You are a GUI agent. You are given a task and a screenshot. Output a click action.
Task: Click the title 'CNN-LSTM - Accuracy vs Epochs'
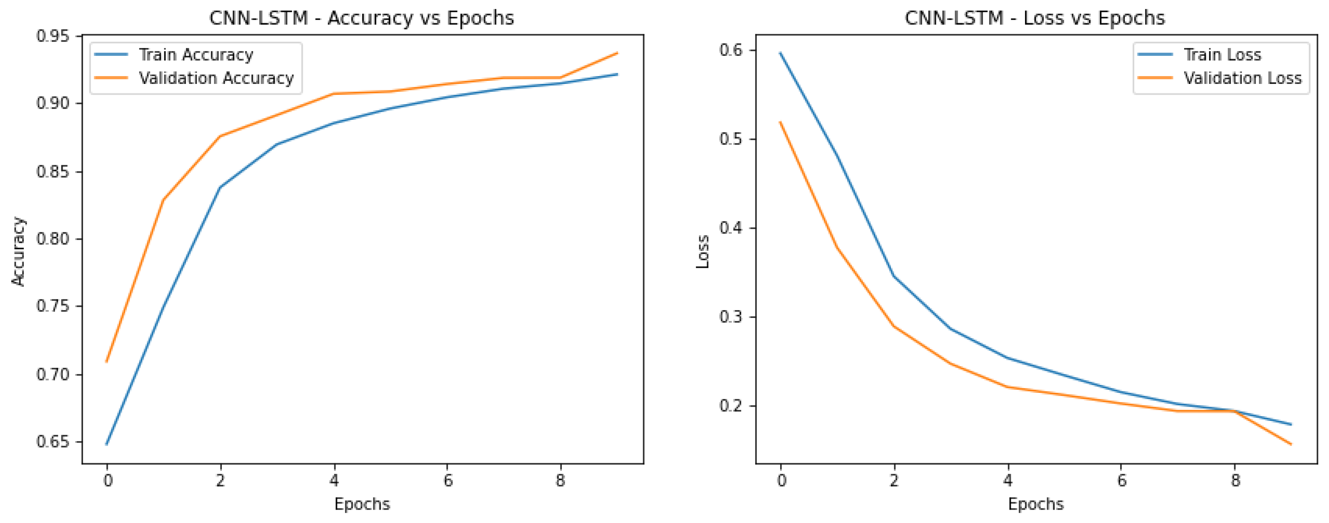tap(361, 18)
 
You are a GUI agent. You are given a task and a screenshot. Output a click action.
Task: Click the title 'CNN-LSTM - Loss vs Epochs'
tap(1034, 18)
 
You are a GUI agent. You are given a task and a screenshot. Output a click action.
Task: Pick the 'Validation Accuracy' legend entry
tap(216, 78)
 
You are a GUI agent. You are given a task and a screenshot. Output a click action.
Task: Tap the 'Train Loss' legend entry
tap(1222, 55)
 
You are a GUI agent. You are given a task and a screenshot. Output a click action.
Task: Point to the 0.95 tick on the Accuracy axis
tap(53, 36)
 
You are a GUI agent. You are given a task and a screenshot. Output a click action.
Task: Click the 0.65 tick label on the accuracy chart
tap(53, 442)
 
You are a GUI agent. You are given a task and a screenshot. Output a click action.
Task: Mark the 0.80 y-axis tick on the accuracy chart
tap(53, 239)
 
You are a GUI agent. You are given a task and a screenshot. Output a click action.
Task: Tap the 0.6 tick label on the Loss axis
tap(730, 50)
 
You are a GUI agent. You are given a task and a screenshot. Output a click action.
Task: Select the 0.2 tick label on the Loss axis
tap(730, 406)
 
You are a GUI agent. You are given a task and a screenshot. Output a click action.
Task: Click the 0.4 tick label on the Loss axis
tap(730, 228)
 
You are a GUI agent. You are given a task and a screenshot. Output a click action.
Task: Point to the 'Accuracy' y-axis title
tap(19, 251)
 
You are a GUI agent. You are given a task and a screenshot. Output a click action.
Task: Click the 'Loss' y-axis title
tap(703, 251)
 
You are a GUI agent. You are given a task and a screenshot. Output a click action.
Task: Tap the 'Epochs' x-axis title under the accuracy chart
tap(362, 504)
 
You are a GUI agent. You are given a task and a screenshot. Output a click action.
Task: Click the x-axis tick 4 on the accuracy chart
tap(334, 481)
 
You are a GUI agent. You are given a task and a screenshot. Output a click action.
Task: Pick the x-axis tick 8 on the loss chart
tap(1235, 481)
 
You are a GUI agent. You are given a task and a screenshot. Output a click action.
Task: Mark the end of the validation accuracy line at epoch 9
tap(618, 53)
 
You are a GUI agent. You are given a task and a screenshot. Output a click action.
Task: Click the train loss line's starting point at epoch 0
tap(780, 53)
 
